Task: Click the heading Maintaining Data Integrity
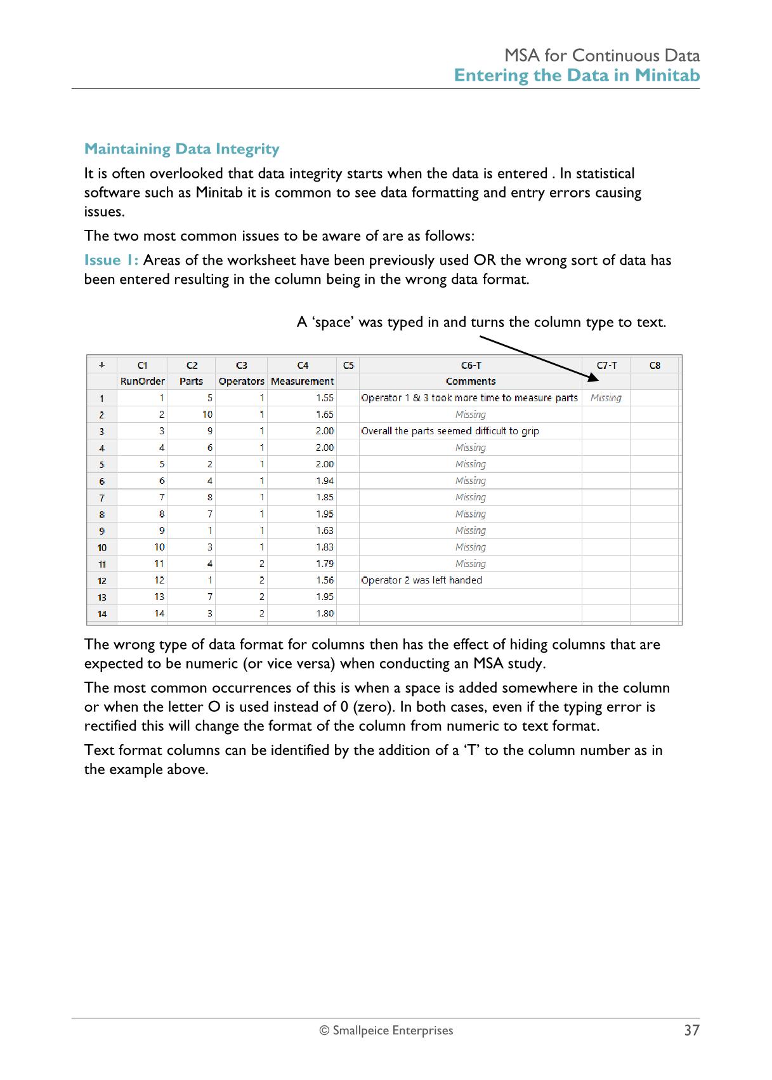[x=181, y=149]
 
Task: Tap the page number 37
[x=691, y=1030]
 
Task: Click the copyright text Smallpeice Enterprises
[x=386, y=1030]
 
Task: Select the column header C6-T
[x=471, y=365]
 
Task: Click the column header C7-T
[x=606, y=365]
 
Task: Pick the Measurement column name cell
[x=302, y=382]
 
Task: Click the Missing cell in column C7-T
[x=606, y=398]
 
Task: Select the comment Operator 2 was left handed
[x=421, y=580]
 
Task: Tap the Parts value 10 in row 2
[x=207, y=415]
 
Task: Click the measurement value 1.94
[x=325, y=481]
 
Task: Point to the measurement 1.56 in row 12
[x=325, y=580]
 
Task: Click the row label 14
[x=101, y=614]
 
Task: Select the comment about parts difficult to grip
[x=450, y=431]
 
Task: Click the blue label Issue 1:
[x=111, y=260]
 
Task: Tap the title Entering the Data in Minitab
[x=577, y=76]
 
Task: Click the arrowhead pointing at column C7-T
[x=592, y=378]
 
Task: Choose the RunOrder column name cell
[x=142, y=382]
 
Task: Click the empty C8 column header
[x=655, y=365]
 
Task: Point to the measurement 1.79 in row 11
[x=325, y=564]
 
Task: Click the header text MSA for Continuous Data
[x=602, y=56]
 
